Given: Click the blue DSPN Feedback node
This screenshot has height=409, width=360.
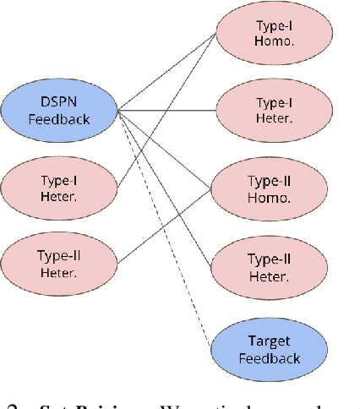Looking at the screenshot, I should pos(59,110).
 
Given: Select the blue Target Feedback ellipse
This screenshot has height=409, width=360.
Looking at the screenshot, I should pos(268,349).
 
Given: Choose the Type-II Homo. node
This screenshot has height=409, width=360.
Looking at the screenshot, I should pos(268,189).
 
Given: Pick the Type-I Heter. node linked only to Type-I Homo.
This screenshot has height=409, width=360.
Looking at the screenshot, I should pos(59,188).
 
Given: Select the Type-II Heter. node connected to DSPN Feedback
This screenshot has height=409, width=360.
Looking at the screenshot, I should pos(268,269).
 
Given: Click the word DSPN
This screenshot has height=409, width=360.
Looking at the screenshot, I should pos(59,102).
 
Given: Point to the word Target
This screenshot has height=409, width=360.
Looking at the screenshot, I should pos(268,341).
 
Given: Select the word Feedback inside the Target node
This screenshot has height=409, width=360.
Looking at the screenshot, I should pos(268,357).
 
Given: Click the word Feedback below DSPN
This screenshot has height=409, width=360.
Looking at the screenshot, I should pos(59,118).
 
